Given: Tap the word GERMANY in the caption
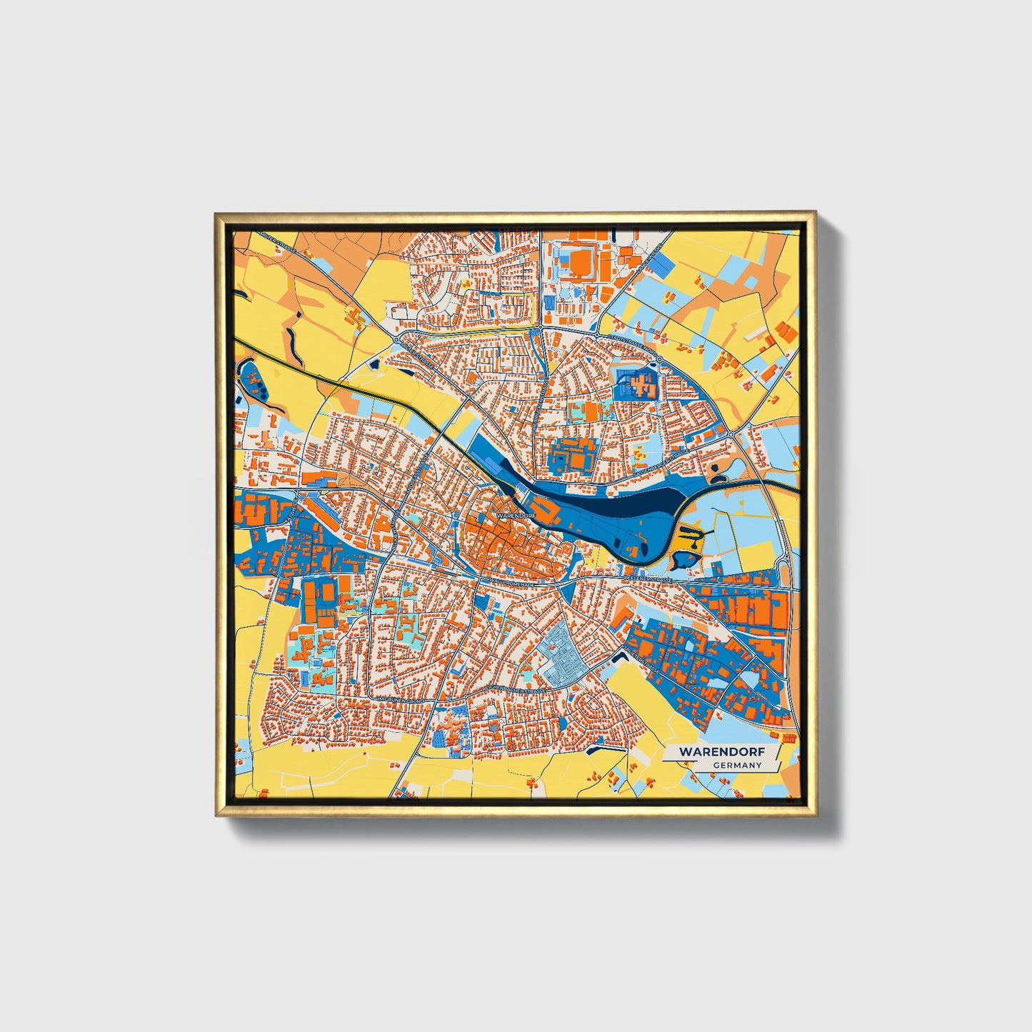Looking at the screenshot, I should [x=737, y=766].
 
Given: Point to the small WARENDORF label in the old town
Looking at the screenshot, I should [x=515, y=514].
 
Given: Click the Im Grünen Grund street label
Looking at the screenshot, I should [x=401, y=701].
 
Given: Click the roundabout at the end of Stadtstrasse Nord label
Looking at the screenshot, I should [x=660, y=359].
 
